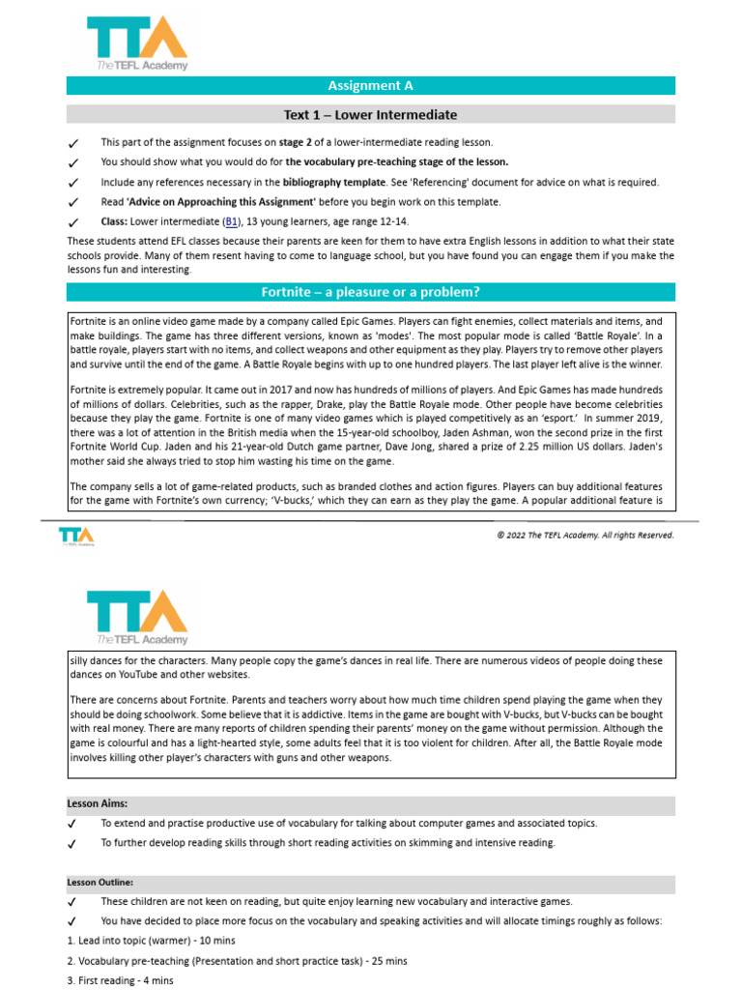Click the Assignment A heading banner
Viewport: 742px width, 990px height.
coord(370,86)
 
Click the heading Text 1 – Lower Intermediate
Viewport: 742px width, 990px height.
coord(370,115)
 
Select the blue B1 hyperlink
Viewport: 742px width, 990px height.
coord(232,221)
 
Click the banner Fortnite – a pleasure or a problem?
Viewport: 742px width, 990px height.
coord(370,292)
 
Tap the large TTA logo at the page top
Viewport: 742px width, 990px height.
coord(137,43)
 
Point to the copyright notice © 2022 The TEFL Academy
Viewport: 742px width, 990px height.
coord(585,535)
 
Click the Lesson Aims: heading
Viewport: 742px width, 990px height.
coord(97,803)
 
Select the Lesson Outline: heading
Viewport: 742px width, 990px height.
coord(100,882)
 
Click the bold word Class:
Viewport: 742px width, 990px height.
coord(114,221)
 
